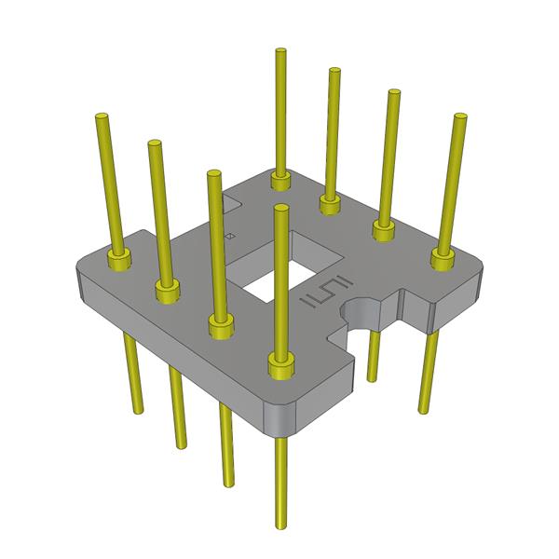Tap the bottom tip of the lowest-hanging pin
(280, 524)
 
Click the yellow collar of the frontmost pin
(279, 365)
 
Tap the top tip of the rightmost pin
(459, 117)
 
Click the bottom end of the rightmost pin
(427, 407)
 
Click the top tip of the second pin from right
(394, 92)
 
